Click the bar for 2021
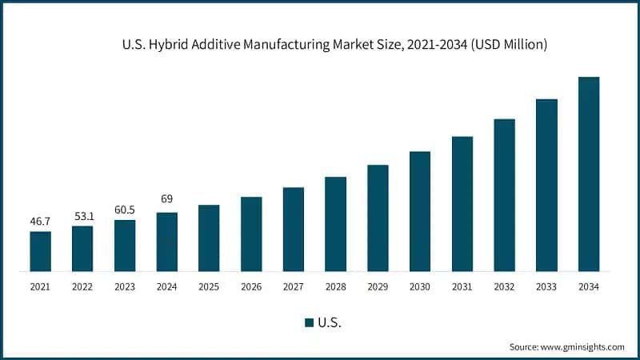click(40, 251)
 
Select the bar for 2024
click(166, 242)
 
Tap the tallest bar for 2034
click(589, 174)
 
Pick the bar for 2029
click(378, 218)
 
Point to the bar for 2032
click(504, 195)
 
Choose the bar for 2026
click(251, 234)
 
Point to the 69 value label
click(166, 198)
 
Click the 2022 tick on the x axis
click(82, 286)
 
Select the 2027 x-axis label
click(294, 286)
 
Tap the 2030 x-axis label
click(420, 286)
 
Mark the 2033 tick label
click(546, 286)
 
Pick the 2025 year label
click(209, 286)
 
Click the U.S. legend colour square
click(309, 322)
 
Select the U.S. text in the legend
click(330, 322)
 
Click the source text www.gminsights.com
click(583, 346)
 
